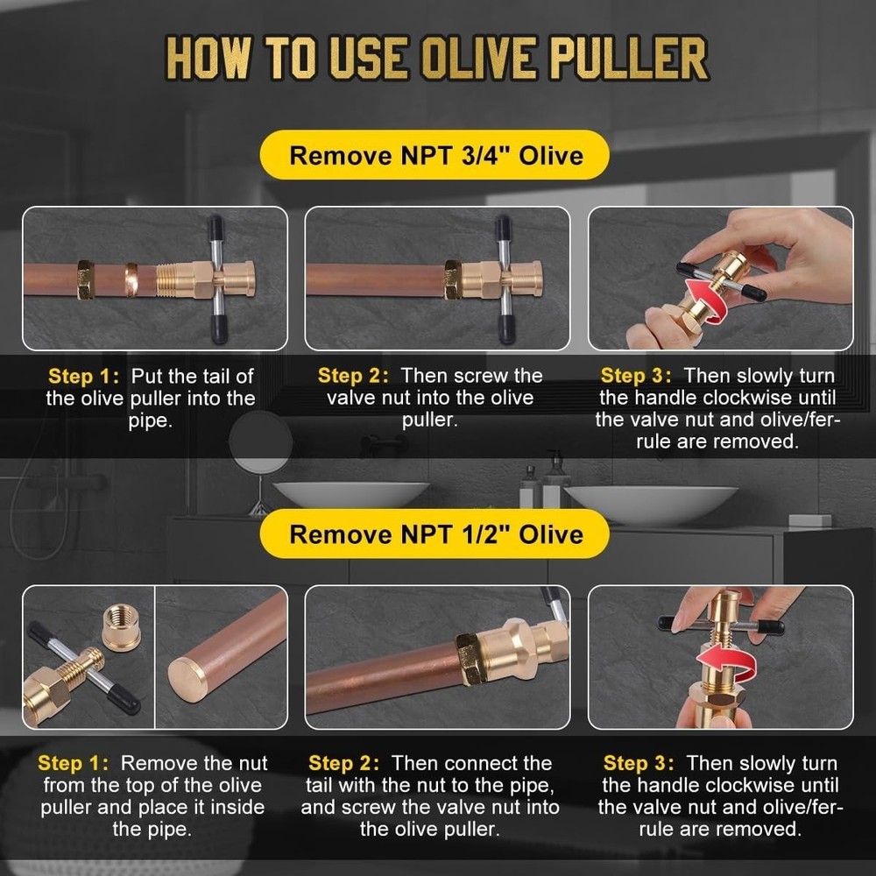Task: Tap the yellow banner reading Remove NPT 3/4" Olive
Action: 435,156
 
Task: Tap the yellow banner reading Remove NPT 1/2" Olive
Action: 435,533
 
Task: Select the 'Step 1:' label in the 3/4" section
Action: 84,377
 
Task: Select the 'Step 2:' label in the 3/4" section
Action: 354,377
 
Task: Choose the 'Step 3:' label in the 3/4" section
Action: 637,377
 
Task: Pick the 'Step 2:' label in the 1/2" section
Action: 345,764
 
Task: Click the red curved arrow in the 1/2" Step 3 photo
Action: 724,661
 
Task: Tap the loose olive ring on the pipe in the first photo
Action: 131,279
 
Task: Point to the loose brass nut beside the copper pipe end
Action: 120,625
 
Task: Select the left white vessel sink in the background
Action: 350,493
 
